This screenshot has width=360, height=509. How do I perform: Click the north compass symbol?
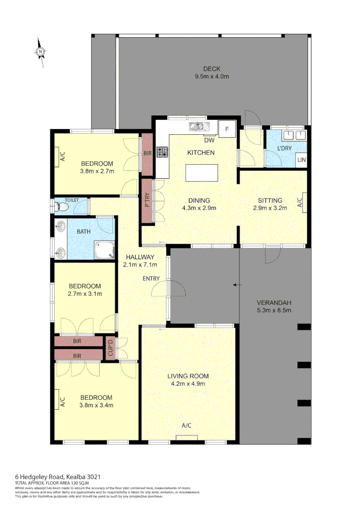(x=41, y=52)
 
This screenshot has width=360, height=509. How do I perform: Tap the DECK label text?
(x=212, y=69)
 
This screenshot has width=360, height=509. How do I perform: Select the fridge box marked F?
(x=227, y=129)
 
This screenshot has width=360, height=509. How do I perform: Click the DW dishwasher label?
(x=210, y=140)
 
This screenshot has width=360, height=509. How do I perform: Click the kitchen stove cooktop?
(x=162, y=152)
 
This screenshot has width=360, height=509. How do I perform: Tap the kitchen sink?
(x=197, y=126)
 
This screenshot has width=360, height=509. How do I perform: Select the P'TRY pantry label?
(x=147, y=200)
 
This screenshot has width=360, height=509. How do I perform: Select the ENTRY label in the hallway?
(x=151, y=279)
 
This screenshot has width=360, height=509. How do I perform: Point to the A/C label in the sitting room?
(x=299, y=202)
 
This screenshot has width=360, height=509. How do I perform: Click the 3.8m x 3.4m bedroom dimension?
(x=96, y=405)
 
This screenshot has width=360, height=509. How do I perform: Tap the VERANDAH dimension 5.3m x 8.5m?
(x=274, y=310)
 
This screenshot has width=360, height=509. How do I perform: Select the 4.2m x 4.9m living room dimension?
(x=188, y=384)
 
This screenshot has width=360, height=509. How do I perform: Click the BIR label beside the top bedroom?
(x=147, y=153)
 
